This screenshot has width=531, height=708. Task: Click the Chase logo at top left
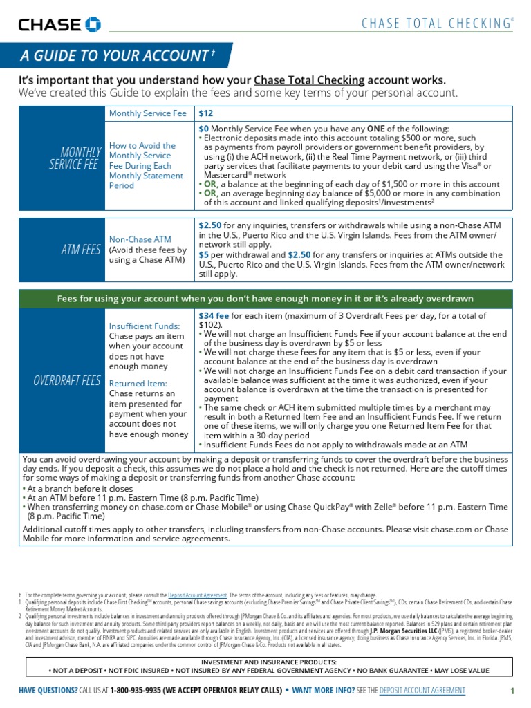[x=59, y=25]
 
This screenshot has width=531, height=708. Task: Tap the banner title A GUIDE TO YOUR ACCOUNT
[x=113, y=56]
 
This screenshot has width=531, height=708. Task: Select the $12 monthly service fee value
[x=206, y=113]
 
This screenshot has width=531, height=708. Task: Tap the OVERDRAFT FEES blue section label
[x=67, y=381]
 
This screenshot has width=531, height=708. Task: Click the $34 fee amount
[x=214, y=315]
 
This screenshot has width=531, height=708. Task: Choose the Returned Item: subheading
[x=138, y=383]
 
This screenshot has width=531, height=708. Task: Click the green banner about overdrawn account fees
[x=265, y=299]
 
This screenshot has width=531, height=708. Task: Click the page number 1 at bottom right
[x=512, y=691]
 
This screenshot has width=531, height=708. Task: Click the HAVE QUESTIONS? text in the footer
[x=48, y=691]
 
